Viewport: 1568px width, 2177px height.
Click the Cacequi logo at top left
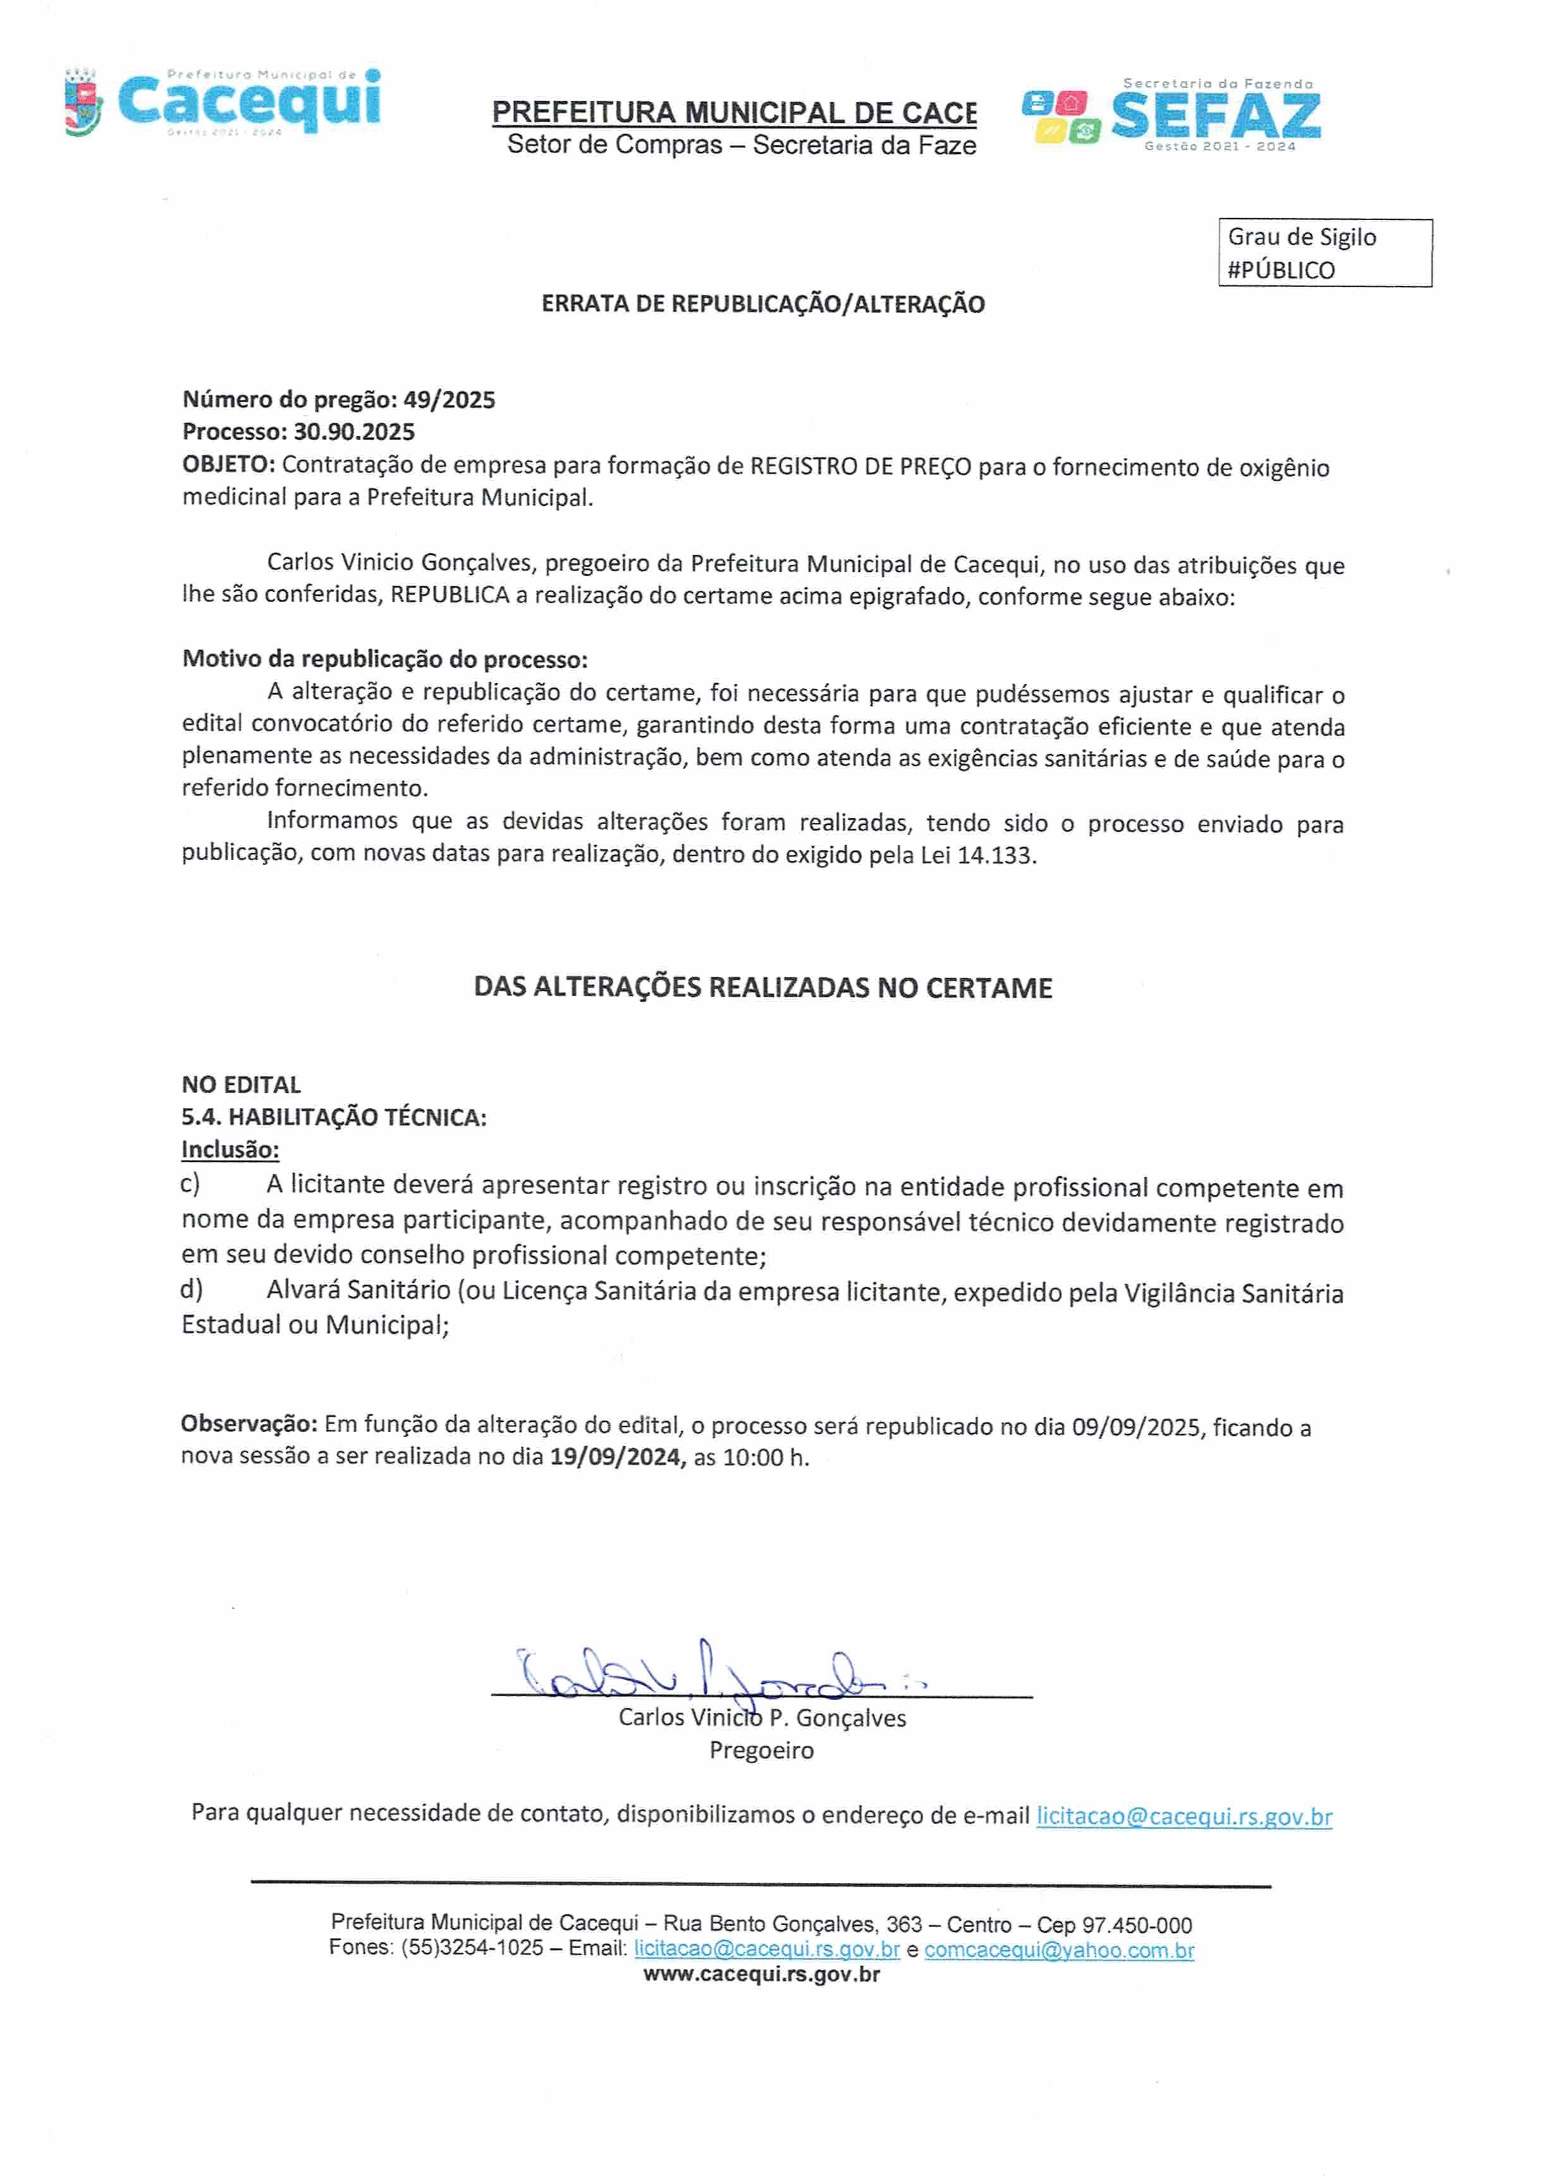[x=223, y=102]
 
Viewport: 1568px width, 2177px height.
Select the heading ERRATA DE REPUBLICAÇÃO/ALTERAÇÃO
[x=763, y=304]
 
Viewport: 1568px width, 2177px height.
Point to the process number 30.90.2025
[x=354, y=432]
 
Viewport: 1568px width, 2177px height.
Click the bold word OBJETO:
[x=228, y=465]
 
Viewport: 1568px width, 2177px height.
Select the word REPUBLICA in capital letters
[x=449, y=595]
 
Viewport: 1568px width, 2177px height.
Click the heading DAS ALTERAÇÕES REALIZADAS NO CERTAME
[x=763, y=988]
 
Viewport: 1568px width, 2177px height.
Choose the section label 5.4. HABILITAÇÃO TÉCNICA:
[x=334, y=1118]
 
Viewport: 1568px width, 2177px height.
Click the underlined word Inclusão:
[x=230, y=1149]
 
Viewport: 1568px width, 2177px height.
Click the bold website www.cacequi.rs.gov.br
[x=761, y=1975]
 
